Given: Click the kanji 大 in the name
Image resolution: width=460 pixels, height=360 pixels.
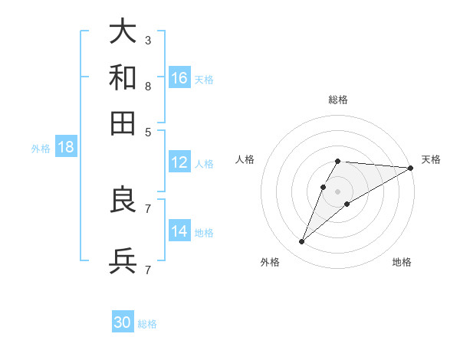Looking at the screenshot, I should (123, 31).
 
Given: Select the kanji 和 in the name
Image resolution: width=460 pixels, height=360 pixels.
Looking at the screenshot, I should (123, 77).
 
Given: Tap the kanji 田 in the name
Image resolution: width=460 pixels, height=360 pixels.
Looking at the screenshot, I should (123, 123).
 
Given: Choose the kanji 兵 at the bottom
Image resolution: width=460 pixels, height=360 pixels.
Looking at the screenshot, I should (123, 261).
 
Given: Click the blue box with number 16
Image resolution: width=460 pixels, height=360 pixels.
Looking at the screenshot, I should (179, 77).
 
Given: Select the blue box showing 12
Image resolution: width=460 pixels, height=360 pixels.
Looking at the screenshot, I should (179, 162).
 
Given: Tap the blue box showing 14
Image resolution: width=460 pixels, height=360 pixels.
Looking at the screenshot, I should (179, 231).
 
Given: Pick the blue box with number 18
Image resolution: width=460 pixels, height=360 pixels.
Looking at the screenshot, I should (66, 147).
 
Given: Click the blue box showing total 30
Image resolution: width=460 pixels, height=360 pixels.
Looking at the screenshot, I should (123, 322).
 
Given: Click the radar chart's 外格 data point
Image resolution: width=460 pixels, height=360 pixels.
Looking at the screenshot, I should (302, 242).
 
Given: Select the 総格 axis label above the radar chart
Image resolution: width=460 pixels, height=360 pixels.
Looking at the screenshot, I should (338, 100).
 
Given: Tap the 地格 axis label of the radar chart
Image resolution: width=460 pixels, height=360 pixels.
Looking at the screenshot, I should (402, 263).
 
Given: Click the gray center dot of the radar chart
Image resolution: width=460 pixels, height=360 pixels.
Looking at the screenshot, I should (338, 191).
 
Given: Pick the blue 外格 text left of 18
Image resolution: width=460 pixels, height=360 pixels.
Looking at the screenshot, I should (41, 148).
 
